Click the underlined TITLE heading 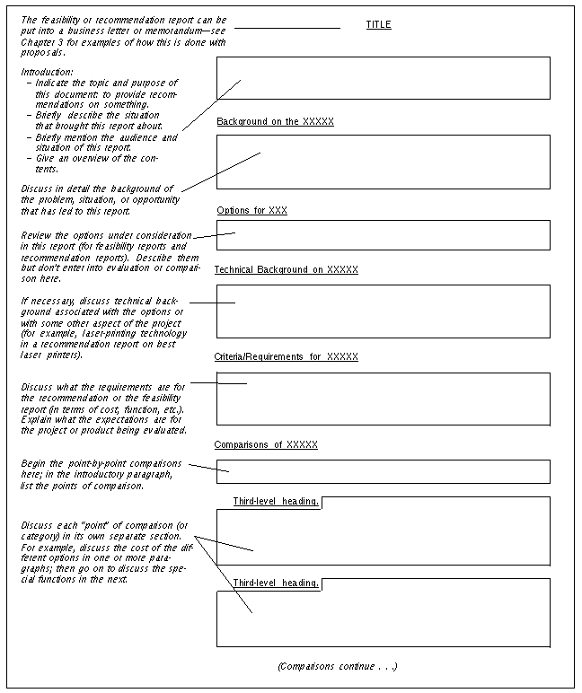tap(378, 25)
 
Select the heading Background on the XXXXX tap(275, 121)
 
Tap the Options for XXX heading tap(251, 210)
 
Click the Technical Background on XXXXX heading tap(286, 269)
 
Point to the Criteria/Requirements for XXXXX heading tap(286, 356)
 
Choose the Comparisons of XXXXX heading tap(265, 444)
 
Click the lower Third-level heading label tap(276, 583)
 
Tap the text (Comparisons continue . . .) tap(338, 666)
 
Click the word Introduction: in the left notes tap(47, 72)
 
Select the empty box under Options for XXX tap(383, 235)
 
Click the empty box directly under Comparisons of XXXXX tap(383, 471)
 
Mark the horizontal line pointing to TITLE tap(287, 28)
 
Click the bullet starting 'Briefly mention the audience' tap(106, 143)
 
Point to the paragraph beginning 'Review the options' tap(105, 256)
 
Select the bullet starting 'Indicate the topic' tap(106, 93)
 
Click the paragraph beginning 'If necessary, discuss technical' tap(103, 328)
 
